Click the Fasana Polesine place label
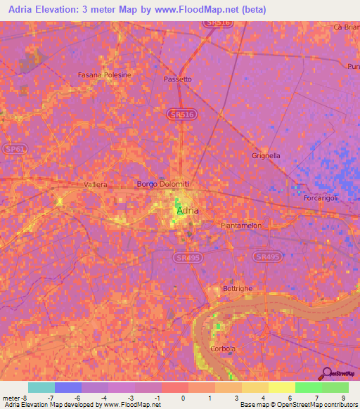104,74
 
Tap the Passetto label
177,79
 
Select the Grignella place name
266,155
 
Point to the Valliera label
95,184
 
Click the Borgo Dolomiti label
163,184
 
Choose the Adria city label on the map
188,210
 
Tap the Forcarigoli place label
321,198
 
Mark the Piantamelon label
240,226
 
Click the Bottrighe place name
236,289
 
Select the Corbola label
223,349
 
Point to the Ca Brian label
347,27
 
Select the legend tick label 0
183,398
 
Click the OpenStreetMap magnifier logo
326,373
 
